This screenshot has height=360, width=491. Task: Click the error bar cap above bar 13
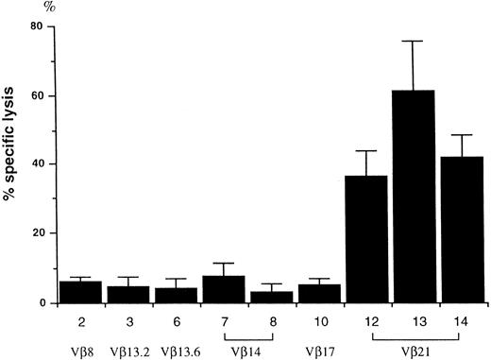(416, 42)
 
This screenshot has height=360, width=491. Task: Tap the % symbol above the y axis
(39, 7)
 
